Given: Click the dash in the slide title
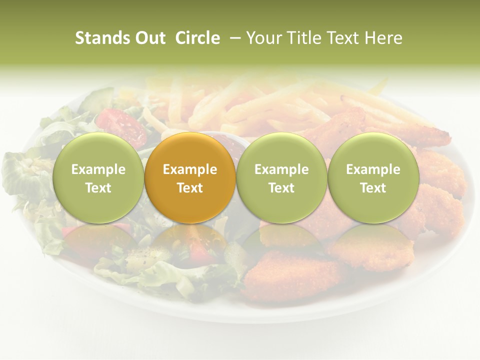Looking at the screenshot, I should (234, 38).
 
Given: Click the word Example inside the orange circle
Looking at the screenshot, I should (190, 169).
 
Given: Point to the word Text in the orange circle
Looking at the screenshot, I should (190, 188).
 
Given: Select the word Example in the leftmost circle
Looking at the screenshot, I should (98, 169).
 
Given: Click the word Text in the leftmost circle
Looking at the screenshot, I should (98, 188).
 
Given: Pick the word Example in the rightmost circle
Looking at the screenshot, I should (373, 169).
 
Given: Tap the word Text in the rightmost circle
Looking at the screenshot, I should (373, 188).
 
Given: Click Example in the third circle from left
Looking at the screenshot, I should (281, 169).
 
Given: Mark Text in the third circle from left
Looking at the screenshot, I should (281, 188).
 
